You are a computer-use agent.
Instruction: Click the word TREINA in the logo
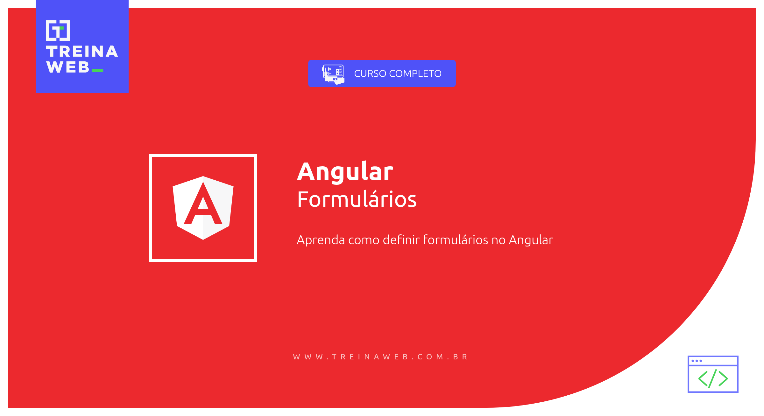click(x=82, y=52)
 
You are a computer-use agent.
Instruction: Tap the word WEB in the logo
click(x=68, y=67)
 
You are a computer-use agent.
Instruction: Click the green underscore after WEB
click(x=97, y=71)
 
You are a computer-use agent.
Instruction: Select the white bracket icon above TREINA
click(x=58, y=31)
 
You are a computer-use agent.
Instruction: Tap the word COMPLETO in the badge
click(x=415, y=73)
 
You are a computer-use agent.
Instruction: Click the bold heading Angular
click(x=345, y=172)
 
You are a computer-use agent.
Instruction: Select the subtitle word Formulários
click(x=357, y=199)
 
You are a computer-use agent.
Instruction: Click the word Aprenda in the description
click(x=321, y=240)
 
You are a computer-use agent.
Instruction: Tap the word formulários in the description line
click(x=455, y=240)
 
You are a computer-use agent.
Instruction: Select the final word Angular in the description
click(x=531, y=240)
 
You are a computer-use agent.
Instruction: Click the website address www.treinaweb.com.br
click(x=380, y=357)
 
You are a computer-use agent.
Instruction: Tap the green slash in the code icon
click(x=713, y=378)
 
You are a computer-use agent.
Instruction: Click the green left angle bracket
click(x=703, y=378)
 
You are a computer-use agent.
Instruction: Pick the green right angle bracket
click(x=723, y=378)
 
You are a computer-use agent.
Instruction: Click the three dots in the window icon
click(x=697, y=361)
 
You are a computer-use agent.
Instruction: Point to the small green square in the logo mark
click(x=61, y=28)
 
